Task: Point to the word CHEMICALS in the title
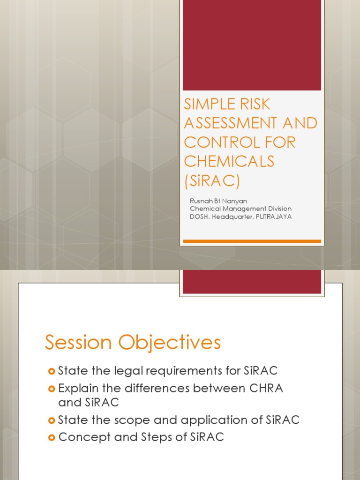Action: (229, 161)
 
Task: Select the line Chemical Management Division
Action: (240, 209)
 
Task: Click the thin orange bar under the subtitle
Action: (252, 241)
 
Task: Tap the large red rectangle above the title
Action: (252, 45)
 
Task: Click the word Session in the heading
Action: (78, 343)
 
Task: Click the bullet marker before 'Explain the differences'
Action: (52, 389)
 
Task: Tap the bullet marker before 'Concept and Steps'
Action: (52, 437)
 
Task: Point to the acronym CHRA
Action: (265, 389)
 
